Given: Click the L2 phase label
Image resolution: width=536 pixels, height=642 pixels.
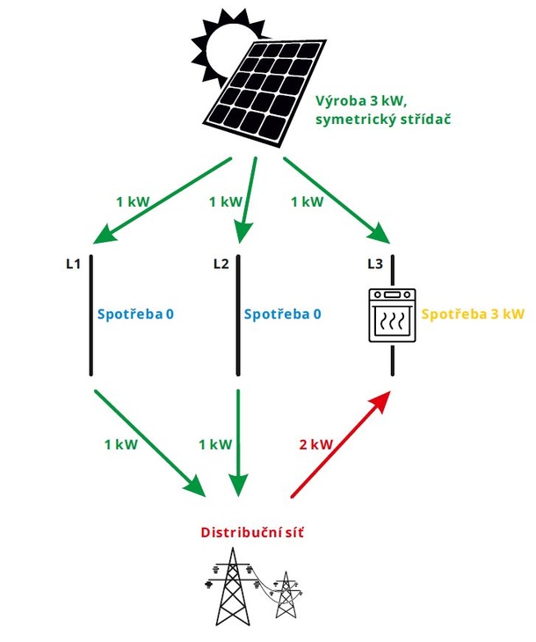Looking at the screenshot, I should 221,262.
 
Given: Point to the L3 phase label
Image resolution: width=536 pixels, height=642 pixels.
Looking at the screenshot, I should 375,262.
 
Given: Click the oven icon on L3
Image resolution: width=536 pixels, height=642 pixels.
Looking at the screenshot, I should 392,314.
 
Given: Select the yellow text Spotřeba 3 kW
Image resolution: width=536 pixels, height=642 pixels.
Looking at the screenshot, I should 473,313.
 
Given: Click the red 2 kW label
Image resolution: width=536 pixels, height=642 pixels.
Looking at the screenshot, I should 315,445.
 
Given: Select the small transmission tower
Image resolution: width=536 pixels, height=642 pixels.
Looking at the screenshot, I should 285,598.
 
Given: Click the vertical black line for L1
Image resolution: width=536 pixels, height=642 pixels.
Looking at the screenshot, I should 91,317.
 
